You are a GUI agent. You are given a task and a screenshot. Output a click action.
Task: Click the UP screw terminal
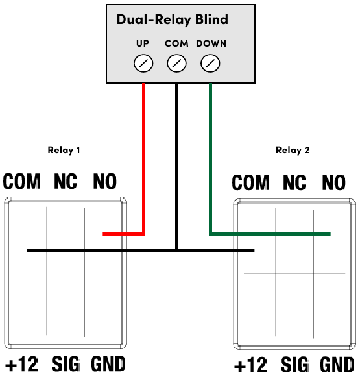[143, 64]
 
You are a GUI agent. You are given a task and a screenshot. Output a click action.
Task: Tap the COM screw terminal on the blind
[176, 64]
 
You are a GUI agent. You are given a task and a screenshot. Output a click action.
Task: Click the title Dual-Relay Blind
[173, 19]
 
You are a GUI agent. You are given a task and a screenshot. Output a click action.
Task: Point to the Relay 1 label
[64, 150]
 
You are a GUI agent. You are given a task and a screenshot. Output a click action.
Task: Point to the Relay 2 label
[293, 150]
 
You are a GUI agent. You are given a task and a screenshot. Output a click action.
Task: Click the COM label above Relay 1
[21, 182]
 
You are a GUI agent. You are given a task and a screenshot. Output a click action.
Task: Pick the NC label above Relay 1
[66, 182]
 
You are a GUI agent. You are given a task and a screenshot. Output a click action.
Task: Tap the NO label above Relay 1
[105, 182]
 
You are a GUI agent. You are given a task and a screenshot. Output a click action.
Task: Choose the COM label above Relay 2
[250, 183]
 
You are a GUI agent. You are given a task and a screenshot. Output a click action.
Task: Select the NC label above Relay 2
[294, 183]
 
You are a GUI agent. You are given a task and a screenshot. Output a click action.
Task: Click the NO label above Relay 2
[333, 183]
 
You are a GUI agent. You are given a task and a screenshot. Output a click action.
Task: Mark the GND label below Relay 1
[108, 363]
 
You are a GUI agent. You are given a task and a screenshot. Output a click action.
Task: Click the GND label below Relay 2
[336, 365]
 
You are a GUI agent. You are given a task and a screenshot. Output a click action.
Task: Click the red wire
[143, 162]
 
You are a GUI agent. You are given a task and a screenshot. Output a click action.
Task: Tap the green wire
[210, 162]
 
